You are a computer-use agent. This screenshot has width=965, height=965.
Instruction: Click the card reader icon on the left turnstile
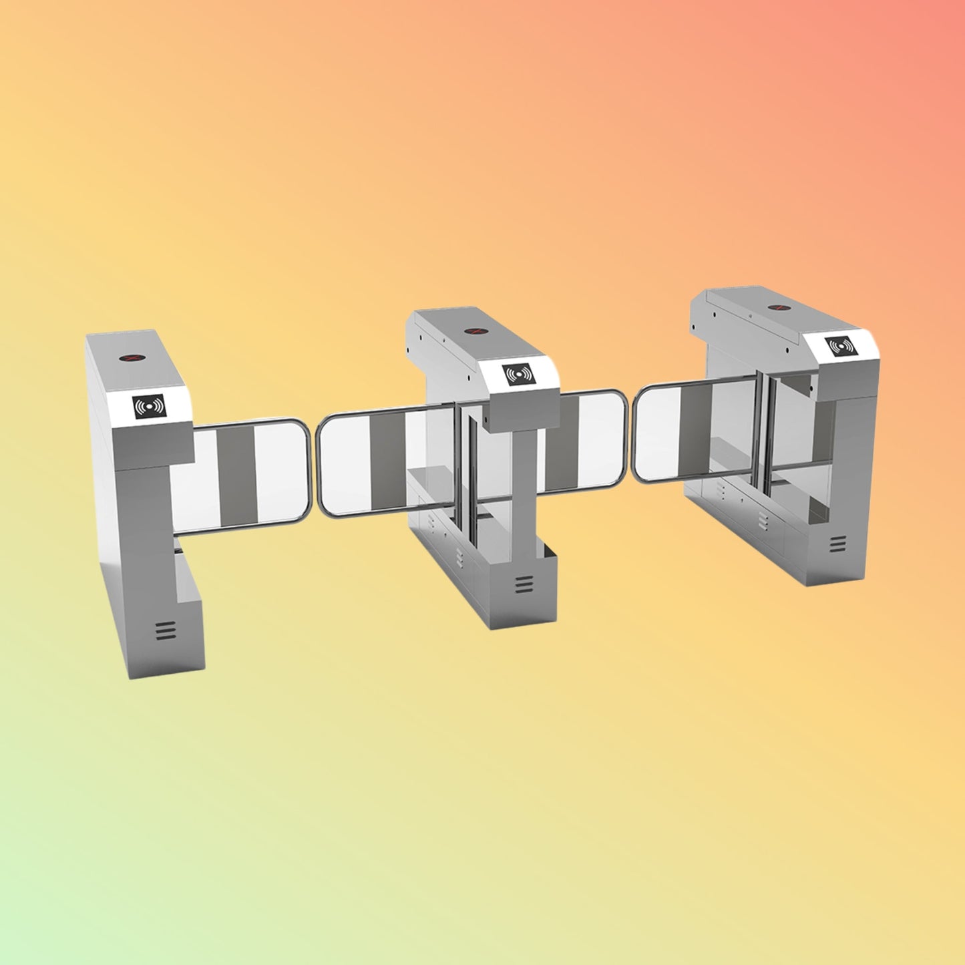pyautogui.click(x=149, y=407)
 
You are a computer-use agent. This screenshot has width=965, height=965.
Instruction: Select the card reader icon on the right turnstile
pyautogui.click(x=839, y=347)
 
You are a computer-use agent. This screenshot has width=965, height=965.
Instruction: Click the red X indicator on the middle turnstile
pyautogui.click(x=474, y=331)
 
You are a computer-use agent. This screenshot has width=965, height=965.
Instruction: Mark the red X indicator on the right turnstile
pyautogui.click(x=778, y=307)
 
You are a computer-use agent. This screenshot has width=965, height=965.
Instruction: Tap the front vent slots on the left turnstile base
pyautogui.click(x=165, y=629)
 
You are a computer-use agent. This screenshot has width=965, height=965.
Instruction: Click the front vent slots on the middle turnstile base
pyautogui.click(x=524, y=584)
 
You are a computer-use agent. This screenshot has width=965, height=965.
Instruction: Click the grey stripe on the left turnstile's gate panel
pyautogui.click(x=236, y=475)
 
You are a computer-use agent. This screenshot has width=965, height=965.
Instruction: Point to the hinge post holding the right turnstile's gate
pyautogui.click(x=765, y=434)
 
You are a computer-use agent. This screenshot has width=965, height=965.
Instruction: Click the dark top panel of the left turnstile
pyautogui.click(x=134, y=361)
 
